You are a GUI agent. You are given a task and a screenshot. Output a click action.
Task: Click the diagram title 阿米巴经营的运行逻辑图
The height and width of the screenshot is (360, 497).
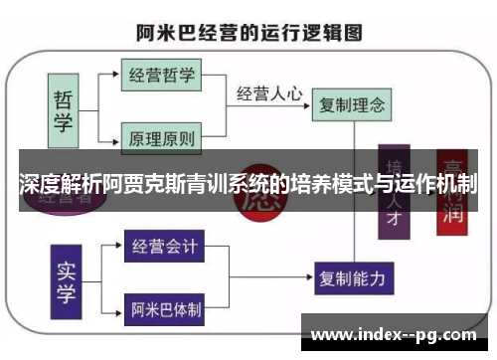pyautogui.click(x=248, y=30)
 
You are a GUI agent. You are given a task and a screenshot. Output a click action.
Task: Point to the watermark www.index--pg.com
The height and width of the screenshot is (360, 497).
pyautogui.click(x=398, y=333)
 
